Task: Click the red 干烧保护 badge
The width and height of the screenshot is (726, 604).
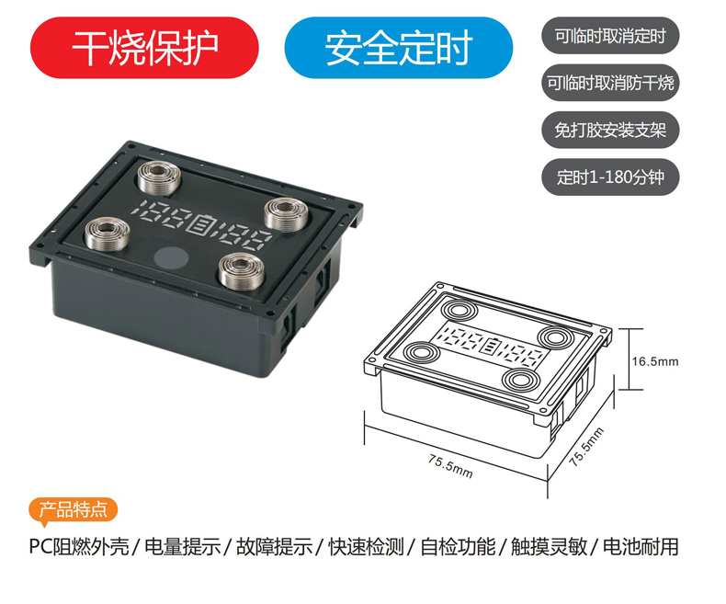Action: pos(144,48)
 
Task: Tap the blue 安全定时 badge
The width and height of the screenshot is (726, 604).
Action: pos(398,48)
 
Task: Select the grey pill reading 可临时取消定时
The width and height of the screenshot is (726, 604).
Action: pos(610,36)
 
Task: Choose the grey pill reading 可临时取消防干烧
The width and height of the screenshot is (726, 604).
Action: pos(610,83)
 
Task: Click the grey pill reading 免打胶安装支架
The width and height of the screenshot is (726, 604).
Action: pos(610,131)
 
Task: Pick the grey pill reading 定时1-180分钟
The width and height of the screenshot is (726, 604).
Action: pos(610,177)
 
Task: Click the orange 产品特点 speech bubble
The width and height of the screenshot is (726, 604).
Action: pos(73,510)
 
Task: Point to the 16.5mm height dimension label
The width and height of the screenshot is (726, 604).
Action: pos(655,361)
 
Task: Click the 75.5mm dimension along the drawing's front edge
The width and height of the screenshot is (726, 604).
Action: pos(450,466)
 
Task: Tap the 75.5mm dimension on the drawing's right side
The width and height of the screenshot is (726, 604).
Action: pos(586,447)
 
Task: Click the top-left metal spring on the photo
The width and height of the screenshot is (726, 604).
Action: pos(159,177)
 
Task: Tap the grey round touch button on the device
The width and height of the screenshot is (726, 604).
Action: pos(170,259)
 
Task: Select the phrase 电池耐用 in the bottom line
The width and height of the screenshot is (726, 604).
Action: pos(641,547)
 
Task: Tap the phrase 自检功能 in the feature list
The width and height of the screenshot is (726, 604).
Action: pos(458,547)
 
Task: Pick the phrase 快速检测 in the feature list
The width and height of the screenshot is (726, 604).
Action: pos(367,547)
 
